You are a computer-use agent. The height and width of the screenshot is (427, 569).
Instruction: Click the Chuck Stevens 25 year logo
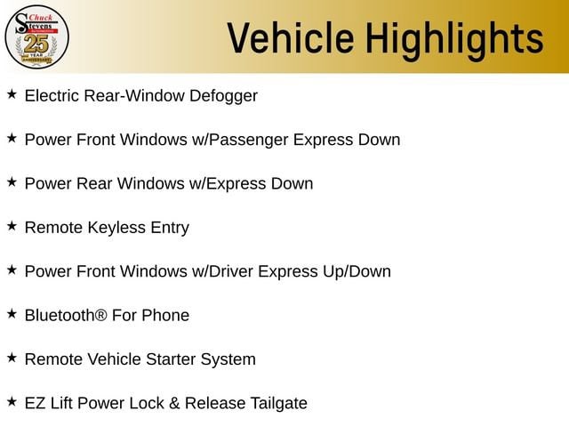(x=36, y=37)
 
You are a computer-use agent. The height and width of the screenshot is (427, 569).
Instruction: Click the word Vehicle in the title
(x=291, y=37)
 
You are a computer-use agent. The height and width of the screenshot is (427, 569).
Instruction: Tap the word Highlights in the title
(x=454, y=40)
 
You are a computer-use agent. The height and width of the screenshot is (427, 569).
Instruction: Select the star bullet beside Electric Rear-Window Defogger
(x=12, y=94)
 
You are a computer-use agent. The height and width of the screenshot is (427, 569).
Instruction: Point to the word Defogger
(x=223, y=96)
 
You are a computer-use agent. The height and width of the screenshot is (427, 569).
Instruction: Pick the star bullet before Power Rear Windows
(x=12, y=181)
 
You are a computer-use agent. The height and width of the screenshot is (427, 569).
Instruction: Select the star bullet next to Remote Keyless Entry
(x=12, y=226)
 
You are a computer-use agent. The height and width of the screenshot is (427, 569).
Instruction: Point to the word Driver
(x=231, y=271)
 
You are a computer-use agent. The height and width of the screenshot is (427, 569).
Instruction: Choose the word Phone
(x=165, y=315)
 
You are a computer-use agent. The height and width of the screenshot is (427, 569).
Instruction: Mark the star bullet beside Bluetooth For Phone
(x=12, y=314)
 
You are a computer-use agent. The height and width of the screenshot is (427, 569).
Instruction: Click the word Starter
(x=171, y=359)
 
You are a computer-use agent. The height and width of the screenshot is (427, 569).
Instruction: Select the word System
(x=228, y=359)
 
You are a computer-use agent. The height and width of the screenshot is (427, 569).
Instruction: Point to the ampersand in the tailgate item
(x=174, y=403)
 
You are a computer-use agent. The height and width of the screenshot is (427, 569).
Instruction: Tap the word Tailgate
(x=278, y=404)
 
